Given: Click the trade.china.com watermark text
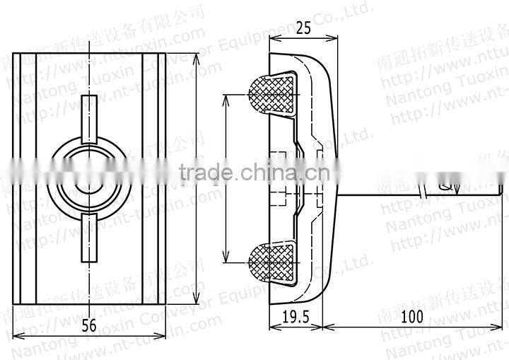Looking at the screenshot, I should [x=255, y=172].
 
